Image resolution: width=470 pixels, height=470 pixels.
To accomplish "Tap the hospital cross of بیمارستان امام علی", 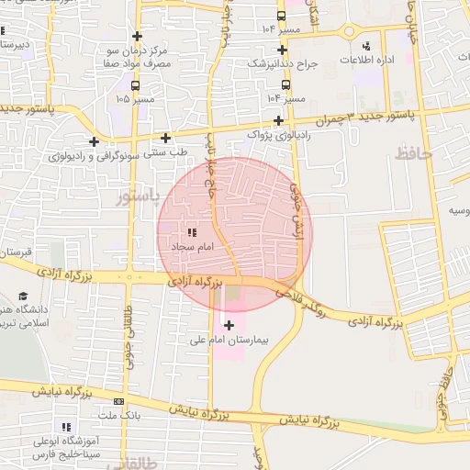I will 229,324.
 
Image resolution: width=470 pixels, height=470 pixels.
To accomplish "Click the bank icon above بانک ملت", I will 118,401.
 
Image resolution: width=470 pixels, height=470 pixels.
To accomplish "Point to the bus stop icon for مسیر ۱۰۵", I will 136,85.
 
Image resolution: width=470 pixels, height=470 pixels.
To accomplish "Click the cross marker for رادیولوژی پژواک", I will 278,120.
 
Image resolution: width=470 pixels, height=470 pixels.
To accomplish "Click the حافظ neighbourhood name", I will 412,154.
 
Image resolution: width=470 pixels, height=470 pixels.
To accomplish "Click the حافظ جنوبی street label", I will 446,390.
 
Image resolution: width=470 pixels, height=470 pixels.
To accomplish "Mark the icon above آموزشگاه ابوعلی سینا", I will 65,427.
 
